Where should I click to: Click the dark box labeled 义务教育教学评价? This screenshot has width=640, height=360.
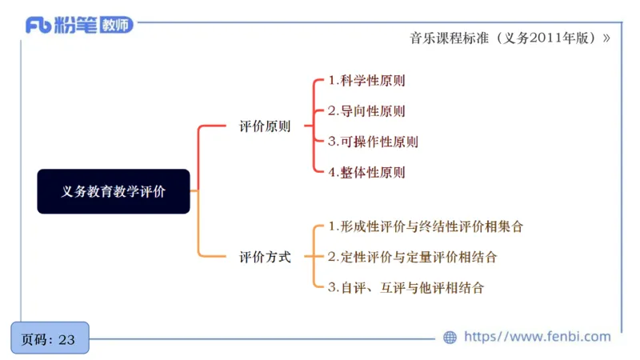click(114, 191)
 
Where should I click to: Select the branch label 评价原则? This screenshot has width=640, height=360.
click(265, 126)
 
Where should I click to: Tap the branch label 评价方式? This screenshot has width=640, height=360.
click(265, 258)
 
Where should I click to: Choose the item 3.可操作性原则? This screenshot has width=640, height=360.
click(373, 142)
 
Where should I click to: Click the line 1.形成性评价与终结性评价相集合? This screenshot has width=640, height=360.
click(426, 227)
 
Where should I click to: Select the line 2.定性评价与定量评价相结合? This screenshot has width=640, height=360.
click(412, 258)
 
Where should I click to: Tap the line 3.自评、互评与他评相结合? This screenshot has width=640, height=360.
click(406, 288)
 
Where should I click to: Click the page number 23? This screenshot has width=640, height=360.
click(66, 339)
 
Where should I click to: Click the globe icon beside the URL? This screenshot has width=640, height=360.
click(450, 338)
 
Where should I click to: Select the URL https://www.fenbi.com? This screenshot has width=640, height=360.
click(537, 337)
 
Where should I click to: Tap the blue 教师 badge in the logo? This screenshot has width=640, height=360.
click(115, 25)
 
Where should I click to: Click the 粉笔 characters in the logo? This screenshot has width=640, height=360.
click(74, 25)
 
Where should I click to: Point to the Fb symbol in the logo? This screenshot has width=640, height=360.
click(38, 25)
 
